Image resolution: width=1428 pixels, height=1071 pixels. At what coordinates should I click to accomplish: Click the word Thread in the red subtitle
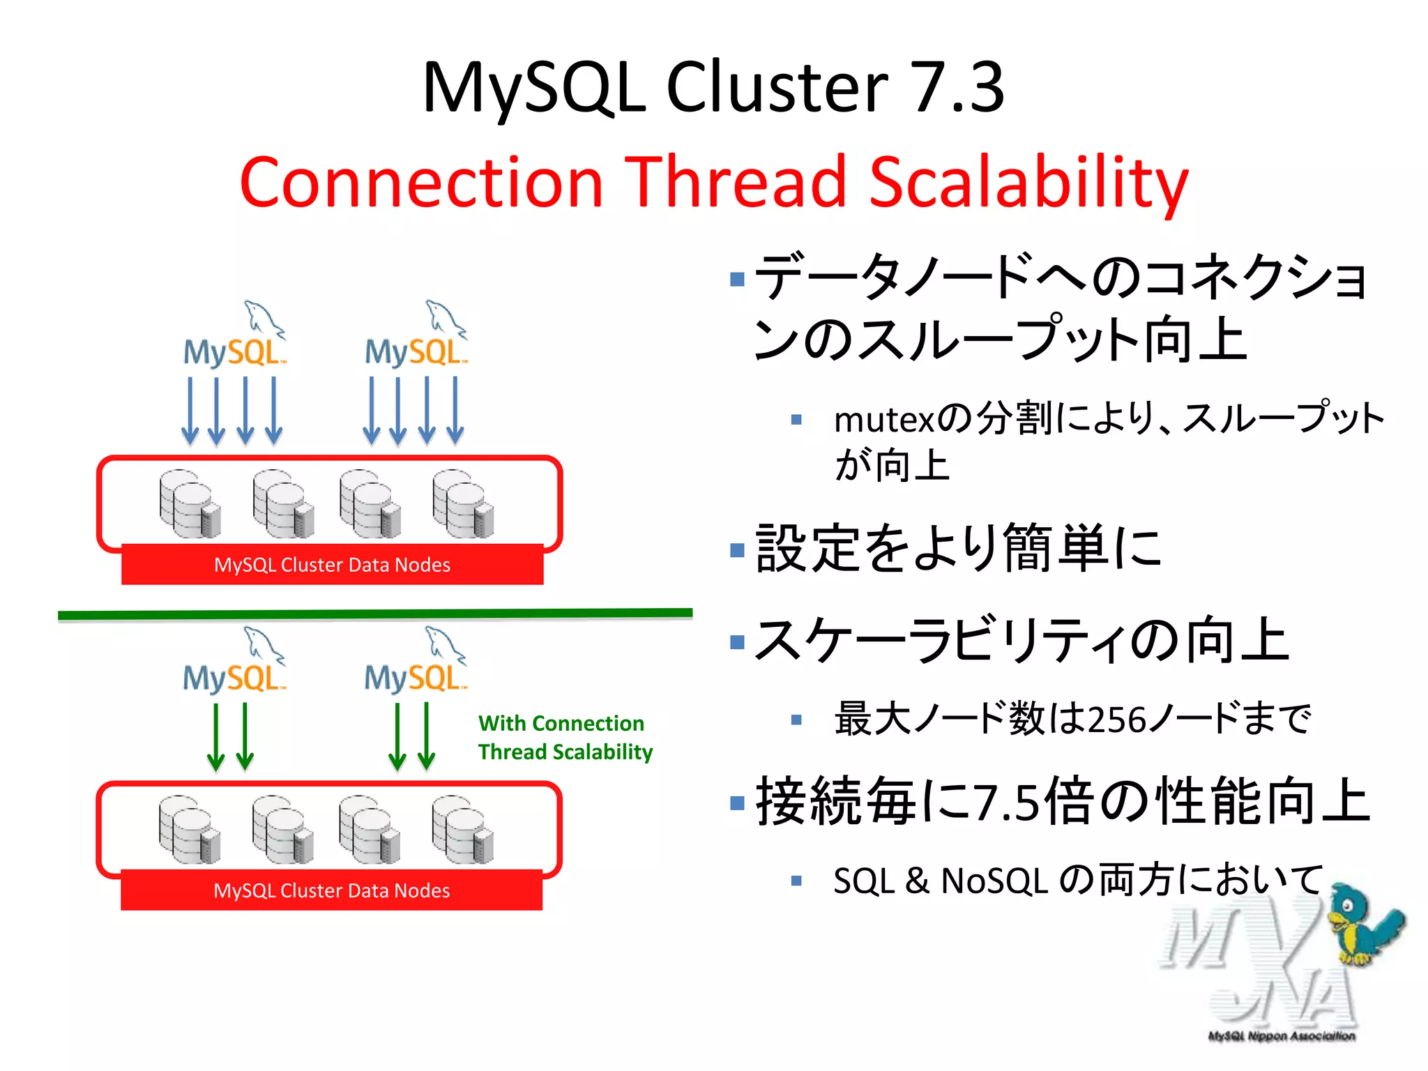tap(736, 183)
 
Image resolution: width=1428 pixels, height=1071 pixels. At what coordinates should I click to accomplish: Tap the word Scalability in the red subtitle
tap(1028, 183)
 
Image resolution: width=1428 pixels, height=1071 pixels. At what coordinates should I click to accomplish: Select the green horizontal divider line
tap(375, 614)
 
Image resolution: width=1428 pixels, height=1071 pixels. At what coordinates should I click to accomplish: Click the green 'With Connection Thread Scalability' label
tap(565, 738)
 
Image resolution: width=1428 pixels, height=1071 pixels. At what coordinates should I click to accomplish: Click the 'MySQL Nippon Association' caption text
tap(1282, 1036)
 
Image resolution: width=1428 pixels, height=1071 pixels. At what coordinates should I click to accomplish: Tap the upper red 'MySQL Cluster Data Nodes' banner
tap(332, 565)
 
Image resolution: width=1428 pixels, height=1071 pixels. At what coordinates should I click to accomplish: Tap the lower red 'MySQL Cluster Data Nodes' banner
tap(332, 890)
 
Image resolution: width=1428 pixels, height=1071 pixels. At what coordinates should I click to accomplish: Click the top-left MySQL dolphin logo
tap(235, 335)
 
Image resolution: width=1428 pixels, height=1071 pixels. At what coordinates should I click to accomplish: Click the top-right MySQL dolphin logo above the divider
tap(417, 335)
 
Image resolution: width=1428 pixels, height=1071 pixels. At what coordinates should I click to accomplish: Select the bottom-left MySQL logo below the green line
tap(235, 661)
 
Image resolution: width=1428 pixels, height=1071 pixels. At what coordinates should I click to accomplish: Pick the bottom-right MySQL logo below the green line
tap(416, 661)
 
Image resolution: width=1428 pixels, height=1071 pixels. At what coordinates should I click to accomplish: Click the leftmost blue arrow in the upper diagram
tap(190, 411)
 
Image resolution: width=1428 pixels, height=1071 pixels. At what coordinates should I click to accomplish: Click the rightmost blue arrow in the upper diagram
tap(455, 411)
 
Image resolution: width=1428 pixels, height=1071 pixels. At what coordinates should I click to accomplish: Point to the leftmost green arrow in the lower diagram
tap(216, 737)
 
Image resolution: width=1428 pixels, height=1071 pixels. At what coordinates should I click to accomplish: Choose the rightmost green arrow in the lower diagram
tap(427, 737)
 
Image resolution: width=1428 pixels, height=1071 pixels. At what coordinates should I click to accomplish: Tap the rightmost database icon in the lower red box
tap(462, 830)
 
